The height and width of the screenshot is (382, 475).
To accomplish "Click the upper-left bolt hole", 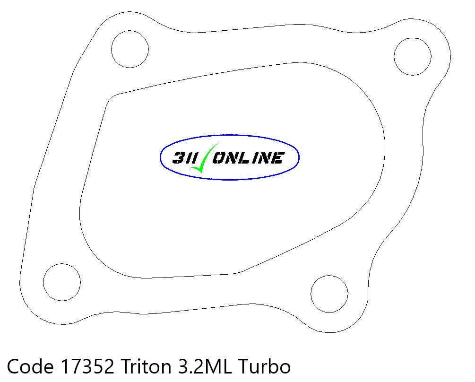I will click(130, 49).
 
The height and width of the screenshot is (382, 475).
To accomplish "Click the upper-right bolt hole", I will click(413, 56).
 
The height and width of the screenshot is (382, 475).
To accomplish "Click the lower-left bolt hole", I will click(62, 282).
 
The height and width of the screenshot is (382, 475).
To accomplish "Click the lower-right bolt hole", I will click(329, 294).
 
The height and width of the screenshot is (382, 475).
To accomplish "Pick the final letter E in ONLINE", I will click(277, 157).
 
